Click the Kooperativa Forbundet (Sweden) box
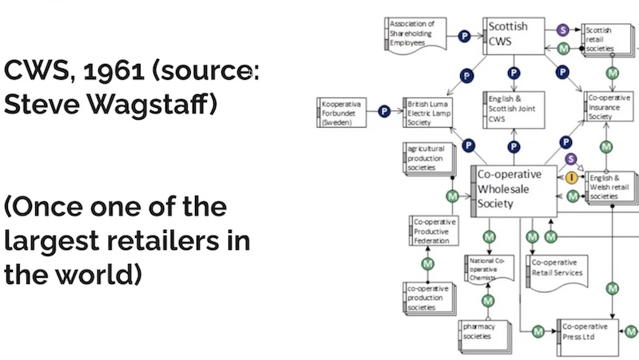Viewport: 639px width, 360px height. [345, 111]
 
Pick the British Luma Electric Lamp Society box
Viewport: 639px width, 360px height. [432, 113]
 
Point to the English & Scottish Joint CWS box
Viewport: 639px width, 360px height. [513, 111]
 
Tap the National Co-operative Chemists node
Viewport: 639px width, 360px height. [488, 270]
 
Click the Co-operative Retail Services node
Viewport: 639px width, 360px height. [558, 269]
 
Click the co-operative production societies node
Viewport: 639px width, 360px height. [428, 297]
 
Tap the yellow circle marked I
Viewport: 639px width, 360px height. [572, 177]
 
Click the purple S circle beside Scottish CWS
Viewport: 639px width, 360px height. [563, 30]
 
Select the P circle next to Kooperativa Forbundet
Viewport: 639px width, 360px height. [385, 112]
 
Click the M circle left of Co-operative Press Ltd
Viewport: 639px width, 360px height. [538, 331]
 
